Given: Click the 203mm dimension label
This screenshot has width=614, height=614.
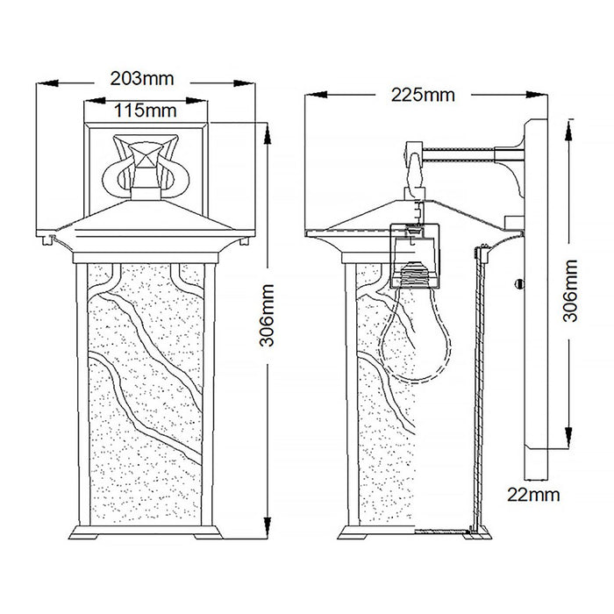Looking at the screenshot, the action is click(x=142, y=79).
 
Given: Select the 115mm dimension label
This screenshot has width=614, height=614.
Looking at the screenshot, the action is click(x=146, y=111).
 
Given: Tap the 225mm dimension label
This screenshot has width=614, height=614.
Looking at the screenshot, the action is click(x=423, y=95).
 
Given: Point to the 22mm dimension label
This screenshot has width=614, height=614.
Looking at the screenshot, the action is click(x=533, y=495).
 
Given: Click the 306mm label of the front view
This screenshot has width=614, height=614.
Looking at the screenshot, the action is click(x=267, y=316).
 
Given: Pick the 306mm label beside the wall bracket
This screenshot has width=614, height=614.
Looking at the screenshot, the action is click(x=570, y=290).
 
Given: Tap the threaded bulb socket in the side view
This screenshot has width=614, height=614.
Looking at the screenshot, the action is click(x=416, y=274).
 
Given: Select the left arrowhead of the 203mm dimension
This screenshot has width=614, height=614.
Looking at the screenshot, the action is click(x=47, y=83).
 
